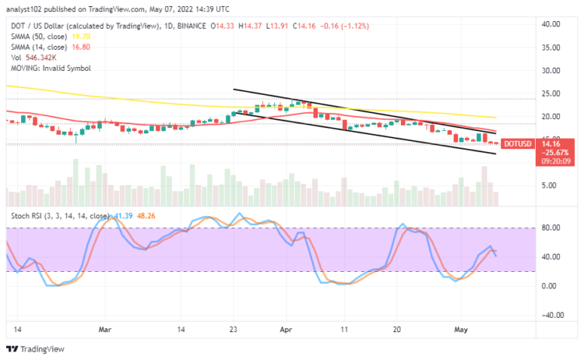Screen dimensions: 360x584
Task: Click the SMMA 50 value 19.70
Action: tap(81, 35)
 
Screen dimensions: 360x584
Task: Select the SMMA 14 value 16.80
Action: tap(81, 46)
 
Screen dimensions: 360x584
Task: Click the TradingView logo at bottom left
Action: tap(36, 350)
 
